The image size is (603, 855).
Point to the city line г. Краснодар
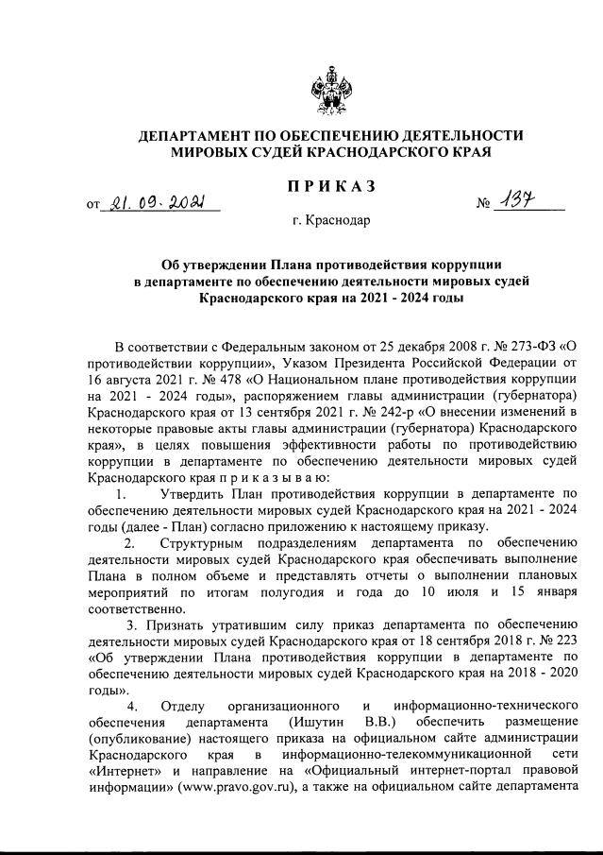(331, 222)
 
